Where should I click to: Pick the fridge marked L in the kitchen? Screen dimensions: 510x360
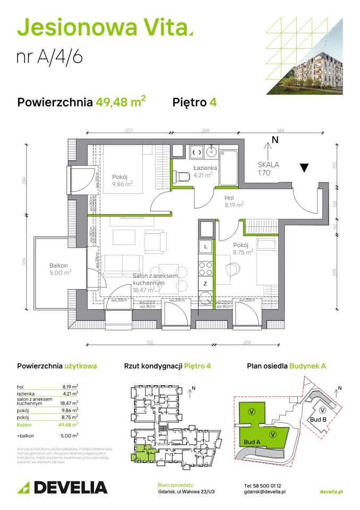click(205, 246)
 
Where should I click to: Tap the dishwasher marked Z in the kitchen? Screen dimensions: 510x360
click(205, 285)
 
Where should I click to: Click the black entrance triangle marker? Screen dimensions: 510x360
click(304, 168)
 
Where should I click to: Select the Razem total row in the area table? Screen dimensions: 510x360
click(48, 425)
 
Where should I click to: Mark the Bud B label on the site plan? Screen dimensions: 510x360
click(315, 420)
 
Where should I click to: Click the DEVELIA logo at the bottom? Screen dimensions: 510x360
click(63, 487)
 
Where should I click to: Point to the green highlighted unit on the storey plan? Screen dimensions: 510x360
click(142, 454)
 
